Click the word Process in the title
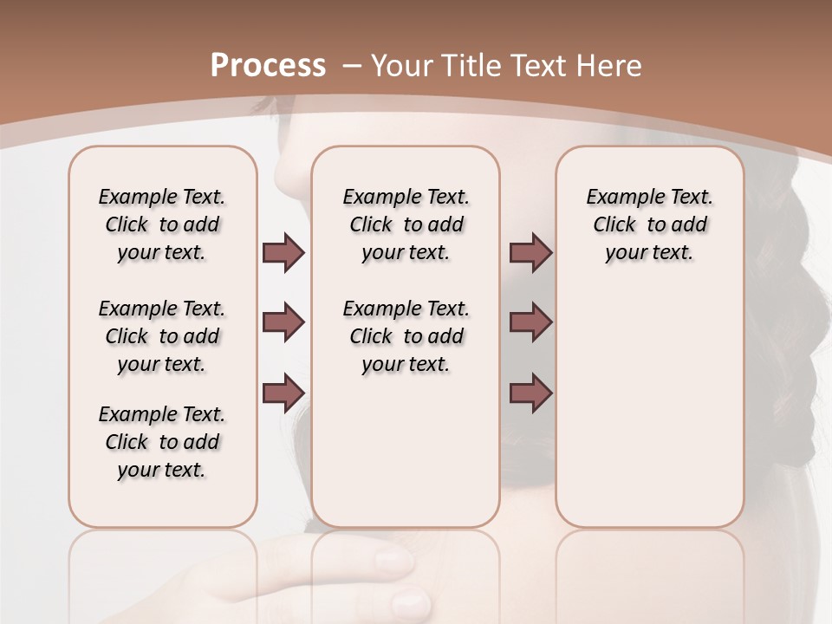click(x=268, y=66)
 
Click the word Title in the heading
click(x=467, y=66)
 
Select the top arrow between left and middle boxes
click(x=283, y=252)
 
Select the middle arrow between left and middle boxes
click(x=283, y=322)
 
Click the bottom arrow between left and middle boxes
click(x=283, y=393)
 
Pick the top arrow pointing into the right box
click(x=530, y=252)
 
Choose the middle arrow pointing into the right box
click(x=530, y=322)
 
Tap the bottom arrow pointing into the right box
click(x=530, y=393)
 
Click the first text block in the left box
click(x=162, y=224)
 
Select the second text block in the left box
click(x=162, y=336)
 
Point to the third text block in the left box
click(x=162, y=442)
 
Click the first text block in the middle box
click(x=406, y=224)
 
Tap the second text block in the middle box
click(x=406, y=336)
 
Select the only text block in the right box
click(x=649, y=224)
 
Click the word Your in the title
click(x=404, y=66)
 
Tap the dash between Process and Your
click(x=352, y=66)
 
